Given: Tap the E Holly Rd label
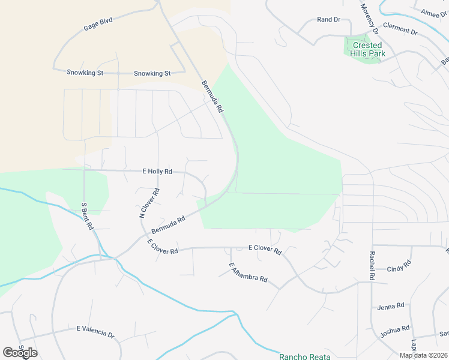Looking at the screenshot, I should pyautogui.click(x=157, y=171).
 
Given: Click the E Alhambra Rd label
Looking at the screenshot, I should pyautogui.click(x=252, y=274).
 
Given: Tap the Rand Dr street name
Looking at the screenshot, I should pyautogui.click(x=328, y=20).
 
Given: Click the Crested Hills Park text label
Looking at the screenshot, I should pyautogui.click(x=367, y=49).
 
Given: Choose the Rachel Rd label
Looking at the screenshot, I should pyautogui.click(x=371, y=265).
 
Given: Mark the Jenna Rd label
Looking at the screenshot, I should pyautogui.click(x=391, y=307).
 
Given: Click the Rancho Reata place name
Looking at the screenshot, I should pyautogui.click(x=306, y=356).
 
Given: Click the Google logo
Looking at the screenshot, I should pyautogui.click(x=20, y=352).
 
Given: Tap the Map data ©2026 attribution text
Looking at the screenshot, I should pyautogui.click(x=423, y=355).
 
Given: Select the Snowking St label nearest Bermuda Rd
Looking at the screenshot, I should pyautogui.click(x=152, y=73).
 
